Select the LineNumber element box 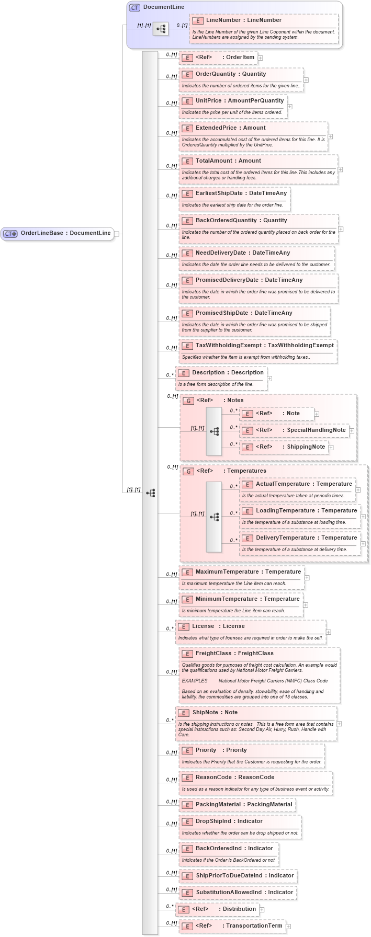243,20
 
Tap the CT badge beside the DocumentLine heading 135,7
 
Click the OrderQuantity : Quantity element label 230,74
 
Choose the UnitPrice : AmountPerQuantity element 239,101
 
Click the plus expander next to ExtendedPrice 330,136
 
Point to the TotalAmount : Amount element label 228,161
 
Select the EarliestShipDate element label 241,193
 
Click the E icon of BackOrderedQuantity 187,221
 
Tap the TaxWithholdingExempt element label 264,346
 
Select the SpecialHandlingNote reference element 300,430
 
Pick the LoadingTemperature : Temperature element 306,511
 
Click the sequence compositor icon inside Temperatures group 214,517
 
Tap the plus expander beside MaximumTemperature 307,578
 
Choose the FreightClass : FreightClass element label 234,654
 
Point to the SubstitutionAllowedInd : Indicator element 244,893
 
